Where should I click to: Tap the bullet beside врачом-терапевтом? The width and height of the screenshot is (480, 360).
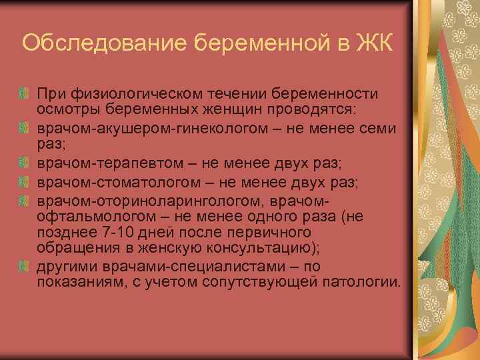tap(24, 161)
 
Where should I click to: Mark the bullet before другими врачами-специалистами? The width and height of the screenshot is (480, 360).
tap(24, 267)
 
